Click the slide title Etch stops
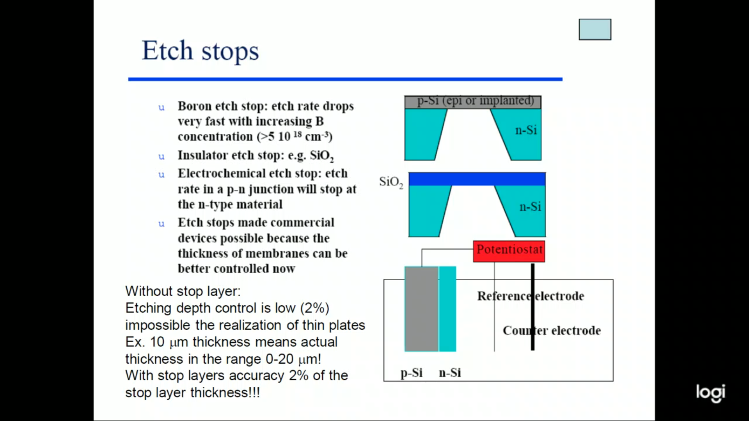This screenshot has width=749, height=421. coord(200,51)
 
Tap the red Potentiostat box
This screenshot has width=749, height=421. coord(509,251)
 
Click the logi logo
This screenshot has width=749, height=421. coord(710,393)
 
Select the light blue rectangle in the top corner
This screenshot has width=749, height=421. coord(595,29)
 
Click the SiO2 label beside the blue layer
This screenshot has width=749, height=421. coord(391,182)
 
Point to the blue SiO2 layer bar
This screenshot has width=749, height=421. coord(477,179)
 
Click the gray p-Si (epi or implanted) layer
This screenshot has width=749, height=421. coord(473,102)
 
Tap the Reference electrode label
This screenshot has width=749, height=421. coord(531,296)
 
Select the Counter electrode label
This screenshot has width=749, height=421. coord(552,331)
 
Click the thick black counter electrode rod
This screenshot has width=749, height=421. coord(532,307)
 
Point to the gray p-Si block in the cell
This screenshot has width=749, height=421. coord(422,309)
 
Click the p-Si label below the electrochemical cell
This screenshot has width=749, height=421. coord(412,373)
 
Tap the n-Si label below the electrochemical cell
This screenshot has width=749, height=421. coord(450,373)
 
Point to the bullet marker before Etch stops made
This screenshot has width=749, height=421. coord(162,224)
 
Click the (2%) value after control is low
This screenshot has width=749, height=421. coord(314,308)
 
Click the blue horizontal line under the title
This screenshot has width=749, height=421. coord(345,79)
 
